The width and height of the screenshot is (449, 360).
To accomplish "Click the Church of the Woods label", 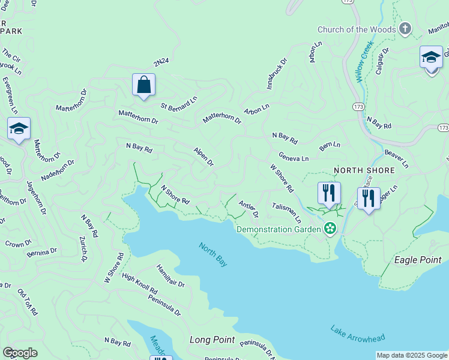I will coord(357,29).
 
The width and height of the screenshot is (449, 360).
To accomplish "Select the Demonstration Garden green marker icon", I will coord(330,228).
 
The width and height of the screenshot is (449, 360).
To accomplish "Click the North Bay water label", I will coord(213,254).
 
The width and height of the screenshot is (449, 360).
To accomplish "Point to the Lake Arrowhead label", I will coord(357,334).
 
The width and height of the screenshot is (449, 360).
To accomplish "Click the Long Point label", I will coord(212,340).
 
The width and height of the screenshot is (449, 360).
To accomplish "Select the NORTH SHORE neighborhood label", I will coord(364,170).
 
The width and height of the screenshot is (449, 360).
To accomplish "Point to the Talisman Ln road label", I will coord(286,213).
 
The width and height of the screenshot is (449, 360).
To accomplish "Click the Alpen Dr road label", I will coord(203,156).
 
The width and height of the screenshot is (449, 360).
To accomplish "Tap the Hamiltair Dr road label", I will coord(170,275).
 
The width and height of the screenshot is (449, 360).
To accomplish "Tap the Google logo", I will coord(20,353).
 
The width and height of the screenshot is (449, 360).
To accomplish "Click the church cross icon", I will coord(405,29).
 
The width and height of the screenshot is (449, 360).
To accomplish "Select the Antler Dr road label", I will coord(248,209).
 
